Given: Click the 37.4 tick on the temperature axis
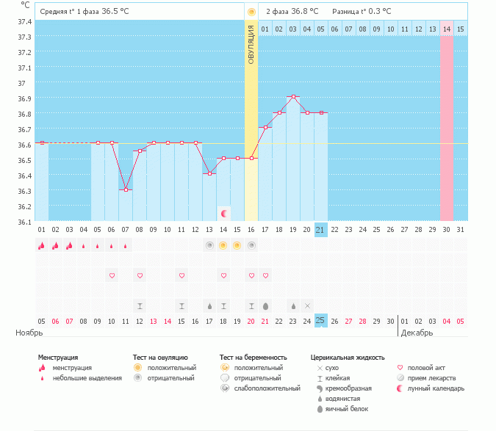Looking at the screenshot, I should tap(24, 21).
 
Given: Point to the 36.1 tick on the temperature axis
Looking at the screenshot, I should tap(24, 222).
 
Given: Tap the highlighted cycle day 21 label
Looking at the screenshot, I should tap(320, 230).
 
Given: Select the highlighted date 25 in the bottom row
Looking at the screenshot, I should tap(320, 321).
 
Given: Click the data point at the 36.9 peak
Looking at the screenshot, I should tap(293, 96).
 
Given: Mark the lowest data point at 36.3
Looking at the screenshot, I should tap(126, 189).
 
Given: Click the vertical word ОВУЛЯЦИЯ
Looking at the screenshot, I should tap(251, 44).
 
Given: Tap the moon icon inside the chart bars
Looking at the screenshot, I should tap(223, 214).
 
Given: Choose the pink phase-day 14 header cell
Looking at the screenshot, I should tap(447, 29).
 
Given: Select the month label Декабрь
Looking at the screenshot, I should tap(417, 333).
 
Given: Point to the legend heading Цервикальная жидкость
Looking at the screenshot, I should tap(348, 358).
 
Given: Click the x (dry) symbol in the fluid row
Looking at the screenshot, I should tap(307, 305).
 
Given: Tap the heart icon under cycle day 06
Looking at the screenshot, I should tap(112, 275).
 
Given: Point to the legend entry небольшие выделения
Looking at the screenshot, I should tap(87, 377).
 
